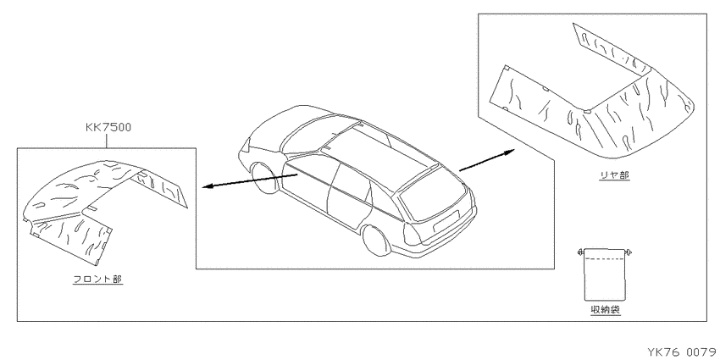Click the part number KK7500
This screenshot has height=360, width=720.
[x=108, y=127]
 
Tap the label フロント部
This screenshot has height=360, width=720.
[x=98, y=279]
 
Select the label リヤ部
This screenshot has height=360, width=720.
[x=614, y=175]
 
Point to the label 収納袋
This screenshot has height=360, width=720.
[x=605, y=310]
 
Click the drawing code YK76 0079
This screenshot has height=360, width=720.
[x=684, y=352]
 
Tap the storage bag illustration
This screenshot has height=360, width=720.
[x=604, y=274]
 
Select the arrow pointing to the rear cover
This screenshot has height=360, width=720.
[x=487, y=160]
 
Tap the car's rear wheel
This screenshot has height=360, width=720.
[x=375, y=240]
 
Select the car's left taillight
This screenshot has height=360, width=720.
[x=411, y=234]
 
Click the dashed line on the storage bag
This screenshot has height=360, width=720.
[x=604, y=259]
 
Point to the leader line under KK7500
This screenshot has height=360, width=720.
[x=107, y=141]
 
